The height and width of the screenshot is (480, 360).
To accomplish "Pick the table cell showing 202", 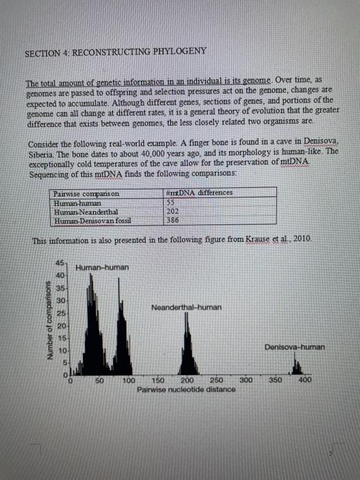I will [173, 212].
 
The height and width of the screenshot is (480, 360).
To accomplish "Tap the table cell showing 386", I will [173, 220].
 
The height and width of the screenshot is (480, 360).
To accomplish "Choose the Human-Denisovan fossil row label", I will [91, 220].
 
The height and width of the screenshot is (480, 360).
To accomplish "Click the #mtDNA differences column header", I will [200, 193].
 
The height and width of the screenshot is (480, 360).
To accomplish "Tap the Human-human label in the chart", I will [102, 267].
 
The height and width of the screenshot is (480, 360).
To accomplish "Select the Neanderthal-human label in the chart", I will [187, 307].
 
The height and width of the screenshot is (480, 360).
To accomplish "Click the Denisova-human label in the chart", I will [295, 348].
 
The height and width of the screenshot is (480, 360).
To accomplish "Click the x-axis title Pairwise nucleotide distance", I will [186, 389].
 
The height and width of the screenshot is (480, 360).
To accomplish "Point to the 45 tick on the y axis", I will [61, 264].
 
